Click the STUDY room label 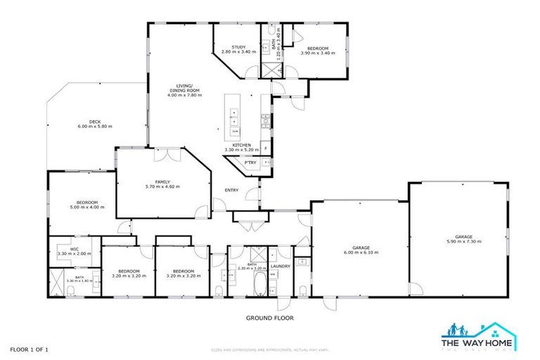point(229,46)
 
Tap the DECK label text point(95,121)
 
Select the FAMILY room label point(162,181)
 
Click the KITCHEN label point(242,146)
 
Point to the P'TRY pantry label point(250,162)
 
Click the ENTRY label point(231,191)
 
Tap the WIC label point(74,247)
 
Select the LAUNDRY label point(281,266)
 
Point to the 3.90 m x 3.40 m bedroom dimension point(314,53)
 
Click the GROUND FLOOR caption point(269,318)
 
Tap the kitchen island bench point(235,114)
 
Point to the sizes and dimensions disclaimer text point(270,349)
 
